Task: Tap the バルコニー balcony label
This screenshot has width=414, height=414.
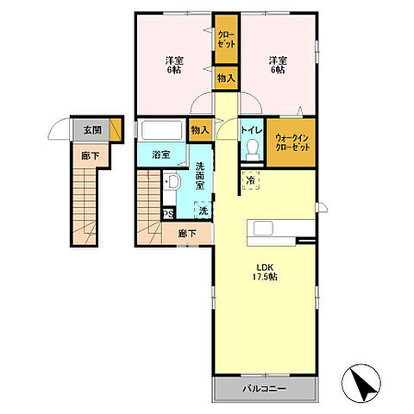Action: tap(264, 389)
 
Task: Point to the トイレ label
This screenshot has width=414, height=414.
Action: tap(252, 130)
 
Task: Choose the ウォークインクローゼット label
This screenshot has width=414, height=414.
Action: tap(292, 142)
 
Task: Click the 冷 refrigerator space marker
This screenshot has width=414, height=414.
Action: tap(251, 180)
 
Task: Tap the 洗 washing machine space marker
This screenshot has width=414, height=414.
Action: tap(204, 210)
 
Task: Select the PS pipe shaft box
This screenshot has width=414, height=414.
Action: tap(168, 215)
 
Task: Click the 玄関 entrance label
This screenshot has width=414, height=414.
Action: tap(92, 130)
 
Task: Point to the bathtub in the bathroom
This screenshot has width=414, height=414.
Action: tap(162, 130)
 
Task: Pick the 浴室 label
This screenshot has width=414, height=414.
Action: tap(161, 155)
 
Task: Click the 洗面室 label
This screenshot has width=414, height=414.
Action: tap(200, 176)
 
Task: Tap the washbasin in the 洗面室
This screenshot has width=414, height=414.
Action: tap(172, 182)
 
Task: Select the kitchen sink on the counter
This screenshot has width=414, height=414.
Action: tap(263, 229)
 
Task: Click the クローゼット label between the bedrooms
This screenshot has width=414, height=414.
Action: tap(227, 40)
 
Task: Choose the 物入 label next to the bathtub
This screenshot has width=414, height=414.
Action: tap(200, 130)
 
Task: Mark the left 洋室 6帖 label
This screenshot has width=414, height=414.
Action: tap(174, 66)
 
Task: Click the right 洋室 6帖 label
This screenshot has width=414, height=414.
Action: tap(278, 66)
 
